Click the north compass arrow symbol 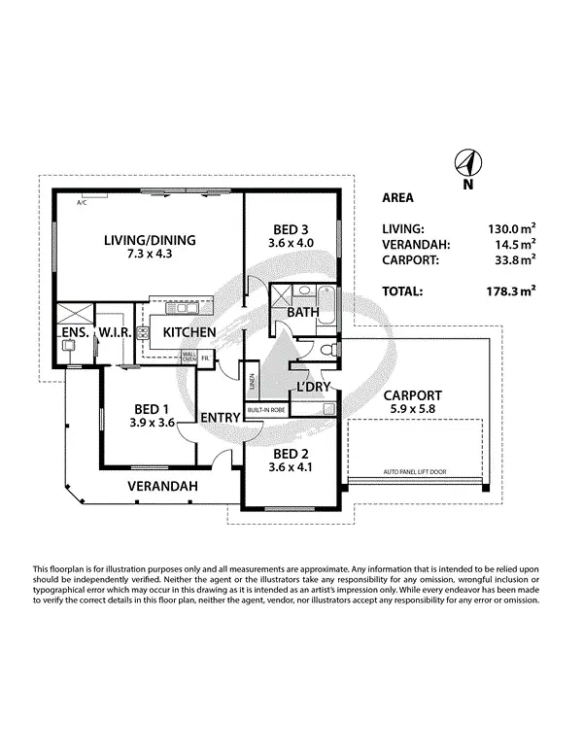(x=468, y=163)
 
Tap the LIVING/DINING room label (x=149, y=240)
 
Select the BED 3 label (x=291, y=232)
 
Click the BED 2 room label (x=291, y=454)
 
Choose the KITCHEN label (x=189, y=332)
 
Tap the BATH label (x=302, y=313)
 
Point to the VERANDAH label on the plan (x=163, y=485)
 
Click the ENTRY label (x=220, y=418)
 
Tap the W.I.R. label (x=115, y=332)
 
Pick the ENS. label (x=75, y=332)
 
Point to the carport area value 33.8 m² (x=515, y=260)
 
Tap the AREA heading (x=397, y=198)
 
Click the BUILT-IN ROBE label (x=265, y=410)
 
